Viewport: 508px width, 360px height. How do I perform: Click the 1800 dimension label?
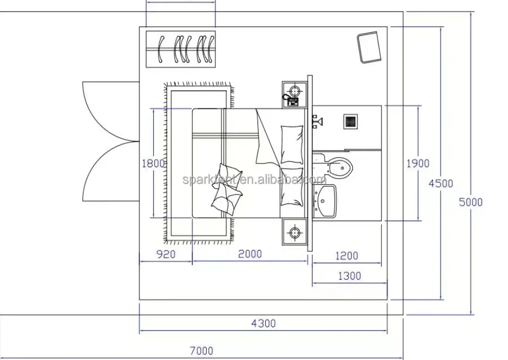pyautogui.click(x=153, y=164)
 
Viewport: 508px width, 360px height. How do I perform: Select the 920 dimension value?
pyautogui.click(x=165, y=254)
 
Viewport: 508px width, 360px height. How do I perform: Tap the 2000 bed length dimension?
pyautogui.click(x=249, y=254)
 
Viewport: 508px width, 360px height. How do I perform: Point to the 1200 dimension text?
pyautogui.click(x=347, y=256)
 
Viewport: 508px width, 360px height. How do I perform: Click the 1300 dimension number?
pyautogui.click(x=349, y=276)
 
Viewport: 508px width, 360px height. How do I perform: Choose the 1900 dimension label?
pyautogui.click(x=418, y=164)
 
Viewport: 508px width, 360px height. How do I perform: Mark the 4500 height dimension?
pyautogui.click(x=441, y=183)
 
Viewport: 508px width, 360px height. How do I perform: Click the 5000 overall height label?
pyautogui.click(x=470, y=202)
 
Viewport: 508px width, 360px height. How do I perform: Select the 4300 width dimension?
pyautogui.click(x=263, y=323)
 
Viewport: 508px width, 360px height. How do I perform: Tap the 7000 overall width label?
pyautogui.click(x=202, y=351)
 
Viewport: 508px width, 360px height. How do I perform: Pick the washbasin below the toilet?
pyautogui.click(x=325, y=201)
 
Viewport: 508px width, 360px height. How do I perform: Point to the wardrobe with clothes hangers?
pyautogui.click(x=180, y=49)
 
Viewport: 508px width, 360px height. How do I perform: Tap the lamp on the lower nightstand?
pyautogui.click(x=295, y=232)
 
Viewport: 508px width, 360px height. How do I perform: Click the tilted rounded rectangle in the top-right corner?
pyautogui.click(x=369, y=47)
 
